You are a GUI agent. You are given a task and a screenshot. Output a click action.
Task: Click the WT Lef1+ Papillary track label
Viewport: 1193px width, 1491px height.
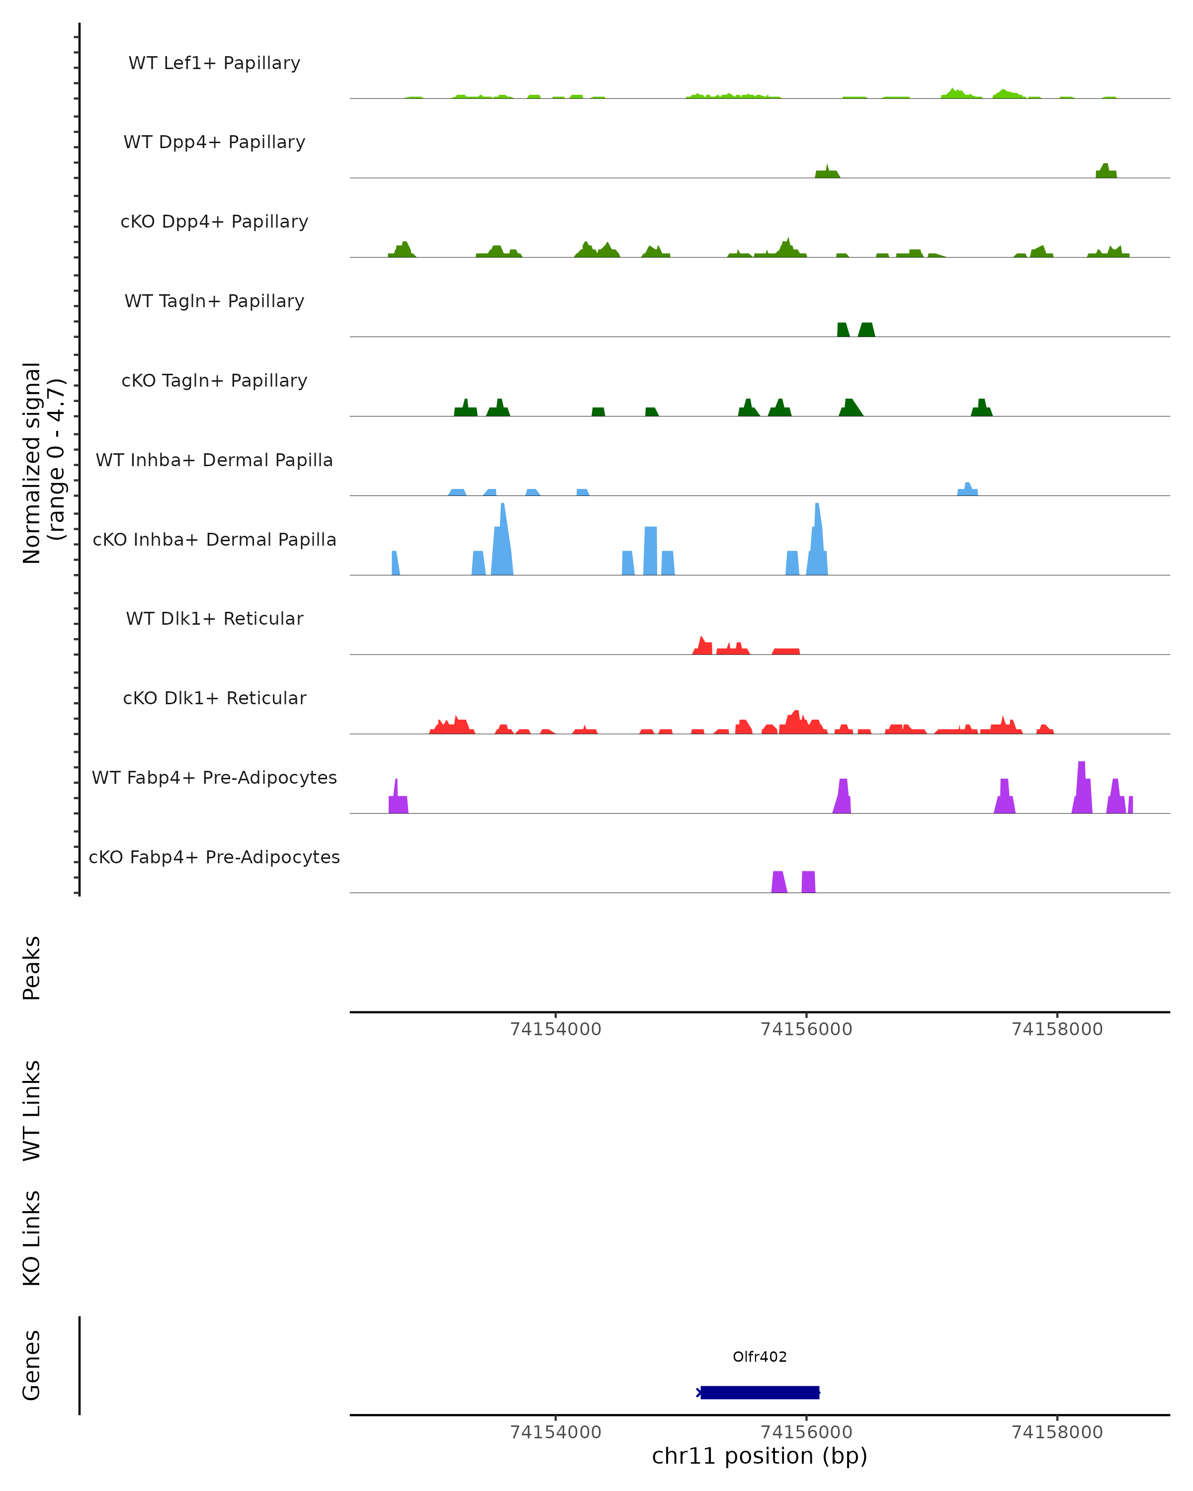pyautogui.click(x=214, y=63)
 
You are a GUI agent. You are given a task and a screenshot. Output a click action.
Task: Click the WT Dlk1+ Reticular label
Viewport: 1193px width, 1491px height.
pyautogui.click(x=214, y=618)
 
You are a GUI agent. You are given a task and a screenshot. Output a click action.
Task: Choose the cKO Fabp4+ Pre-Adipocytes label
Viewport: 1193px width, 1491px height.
pyautogui.click(x=214, y=857)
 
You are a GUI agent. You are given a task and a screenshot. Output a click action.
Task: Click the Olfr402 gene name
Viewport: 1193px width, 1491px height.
pyautogui.click(x=760, y=1357)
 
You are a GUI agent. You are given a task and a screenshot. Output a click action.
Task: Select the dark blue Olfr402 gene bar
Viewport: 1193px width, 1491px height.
pyautogui.click(x=760, y=1392)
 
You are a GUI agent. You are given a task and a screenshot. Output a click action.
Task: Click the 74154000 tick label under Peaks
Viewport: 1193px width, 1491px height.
pyautogui.click(x=555, y=1029)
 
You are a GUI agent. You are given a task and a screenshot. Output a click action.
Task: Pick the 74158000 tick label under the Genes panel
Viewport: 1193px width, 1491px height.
pyautogui.click(x=1057, y=1432)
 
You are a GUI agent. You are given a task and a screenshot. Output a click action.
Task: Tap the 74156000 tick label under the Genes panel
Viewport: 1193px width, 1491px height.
pyautogui.click(x=806, y=1432)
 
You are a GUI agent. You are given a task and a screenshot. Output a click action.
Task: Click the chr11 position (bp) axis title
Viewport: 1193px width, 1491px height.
pyautogui.click(x=760, y=1456)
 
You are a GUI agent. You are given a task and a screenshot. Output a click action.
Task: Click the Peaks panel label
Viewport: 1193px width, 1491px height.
pyautogui.click(x=32, y=968)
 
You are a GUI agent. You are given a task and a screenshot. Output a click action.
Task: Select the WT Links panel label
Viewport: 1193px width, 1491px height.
pyautogui.click(x=32, y=1110)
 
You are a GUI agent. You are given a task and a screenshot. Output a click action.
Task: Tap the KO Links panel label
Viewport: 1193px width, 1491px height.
pyautogui.click(x=32, y=1238)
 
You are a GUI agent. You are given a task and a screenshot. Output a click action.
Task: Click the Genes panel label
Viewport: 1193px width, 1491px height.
pyautogui.click(x=32, y=1365)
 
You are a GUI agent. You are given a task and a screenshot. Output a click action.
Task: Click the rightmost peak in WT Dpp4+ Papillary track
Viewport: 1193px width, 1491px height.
pyautogui.click(x=1105, y=171)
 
